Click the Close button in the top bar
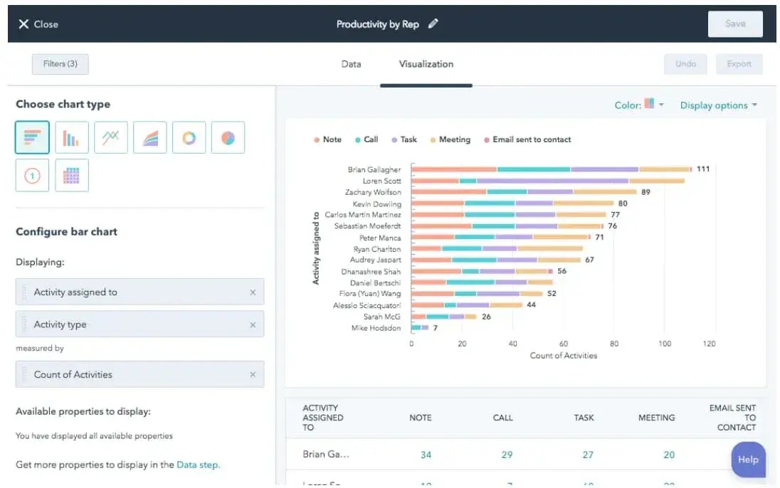click(38, 24)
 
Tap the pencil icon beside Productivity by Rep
click(433, 23)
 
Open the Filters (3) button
click(60, 64)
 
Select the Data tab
click(351, 64)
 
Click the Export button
click(739, 64)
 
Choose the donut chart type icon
click(189, 138)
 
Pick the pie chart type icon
click(228, 138)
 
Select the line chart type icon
click(110, 138)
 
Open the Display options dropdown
click(718, 105)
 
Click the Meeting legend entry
click(454, 140)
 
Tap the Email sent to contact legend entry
click(531, 140)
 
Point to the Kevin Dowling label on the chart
click(376, 204)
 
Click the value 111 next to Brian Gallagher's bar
click(703, 169)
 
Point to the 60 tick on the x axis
click(563, 344)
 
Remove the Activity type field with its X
click(253, 325)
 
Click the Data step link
click(199, 465)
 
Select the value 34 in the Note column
click(426, 455)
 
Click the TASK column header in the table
click(584, 418)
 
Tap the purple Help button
click(748, 460)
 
